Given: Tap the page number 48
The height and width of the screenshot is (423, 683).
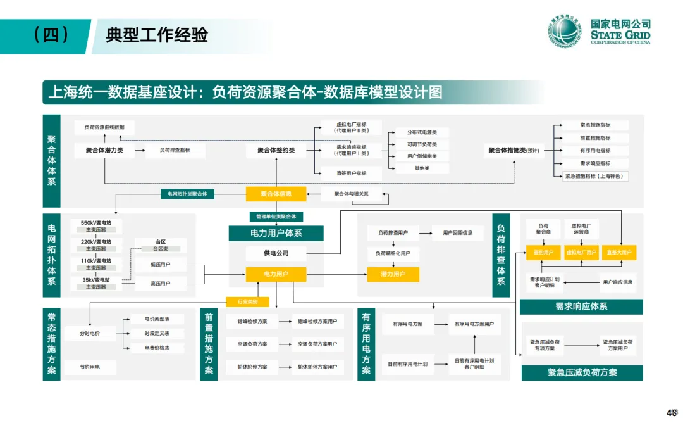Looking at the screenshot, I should click(672, 411).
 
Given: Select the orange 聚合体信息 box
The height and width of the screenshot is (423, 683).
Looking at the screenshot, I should click(276, 194).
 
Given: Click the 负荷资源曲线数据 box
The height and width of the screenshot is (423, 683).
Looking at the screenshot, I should click(104, 127).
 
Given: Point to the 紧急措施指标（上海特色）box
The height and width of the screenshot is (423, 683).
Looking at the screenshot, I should click(595, 177).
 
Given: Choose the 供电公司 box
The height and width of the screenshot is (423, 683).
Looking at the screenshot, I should click(276, 253).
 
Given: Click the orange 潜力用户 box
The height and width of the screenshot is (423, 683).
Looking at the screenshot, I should click(393, 274).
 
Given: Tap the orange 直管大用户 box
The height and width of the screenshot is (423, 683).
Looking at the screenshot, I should click(618, 252).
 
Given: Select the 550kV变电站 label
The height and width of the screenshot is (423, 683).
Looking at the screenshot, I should click(96, 223).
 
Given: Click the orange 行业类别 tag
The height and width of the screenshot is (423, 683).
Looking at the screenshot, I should click(247, 301).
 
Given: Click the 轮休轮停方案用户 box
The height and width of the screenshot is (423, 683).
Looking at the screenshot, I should click(317, 367).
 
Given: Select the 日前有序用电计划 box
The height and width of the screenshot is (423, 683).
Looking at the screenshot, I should click(408, 364).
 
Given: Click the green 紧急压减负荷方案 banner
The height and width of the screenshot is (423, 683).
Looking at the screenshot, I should click(582, 372).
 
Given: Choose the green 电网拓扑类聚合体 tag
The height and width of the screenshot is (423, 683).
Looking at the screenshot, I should click(188, 193).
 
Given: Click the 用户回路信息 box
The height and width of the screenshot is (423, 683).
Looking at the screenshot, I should click(458, 233).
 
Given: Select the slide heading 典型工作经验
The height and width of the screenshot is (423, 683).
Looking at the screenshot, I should click(157, 35).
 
